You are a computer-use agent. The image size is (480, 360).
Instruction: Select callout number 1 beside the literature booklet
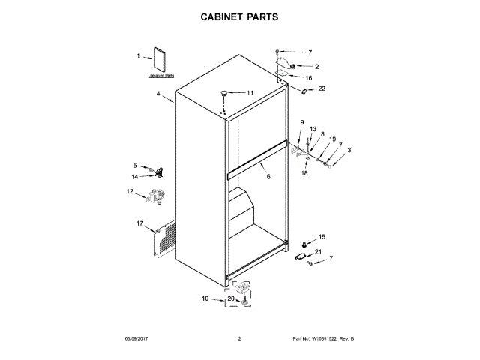coord(138,56)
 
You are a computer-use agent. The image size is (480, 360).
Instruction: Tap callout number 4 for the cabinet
coord(158,94)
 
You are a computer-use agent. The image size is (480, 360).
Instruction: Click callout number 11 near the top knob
coord(250,93)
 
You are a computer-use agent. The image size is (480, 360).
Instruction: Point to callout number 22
coord(322,88)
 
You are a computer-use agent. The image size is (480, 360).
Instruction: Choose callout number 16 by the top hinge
coord(308,78)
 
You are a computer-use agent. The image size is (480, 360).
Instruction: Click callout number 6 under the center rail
coord(268,177)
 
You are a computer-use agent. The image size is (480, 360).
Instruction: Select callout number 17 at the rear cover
coord(139,223)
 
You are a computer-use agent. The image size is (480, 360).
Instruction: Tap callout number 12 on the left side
coord(129,192)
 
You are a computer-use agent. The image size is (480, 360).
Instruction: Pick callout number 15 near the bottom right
coord(322,236)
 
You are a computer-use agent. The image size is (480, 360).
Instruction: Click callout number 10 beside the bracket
coord(205,298)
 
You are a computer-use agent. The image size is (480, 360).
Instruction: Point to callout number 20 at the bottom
coord(232,299)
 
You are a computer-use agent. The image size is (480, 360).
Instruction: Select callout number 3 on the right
coord(348,150)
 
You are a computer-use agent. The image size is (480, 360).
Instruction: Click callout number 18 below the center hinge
coord(304,173)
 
